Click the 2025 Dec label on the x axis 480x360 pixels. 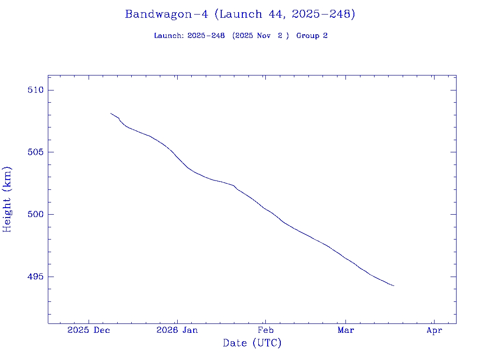(89, 330)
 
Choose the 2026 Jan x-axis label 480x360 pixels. (177, 330)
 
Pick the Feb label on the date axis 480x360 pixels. (265, 330)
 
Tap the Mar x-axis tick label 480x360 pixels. (346, 330)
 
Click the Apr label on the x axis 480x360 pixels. (434, 330)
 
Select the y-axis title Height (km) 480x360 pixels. (7, 199)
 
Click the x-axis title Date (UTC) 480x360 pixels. (252, 344)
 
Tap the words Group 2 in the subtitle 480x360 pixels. (312, 36)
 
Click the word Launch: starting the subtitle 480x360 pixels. (169, 36)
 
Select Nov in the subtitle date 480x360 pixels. (264, 36)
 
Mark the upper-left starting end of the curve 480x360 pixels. (111, 113)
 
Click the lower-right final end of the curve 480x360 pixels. (394, 285)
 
